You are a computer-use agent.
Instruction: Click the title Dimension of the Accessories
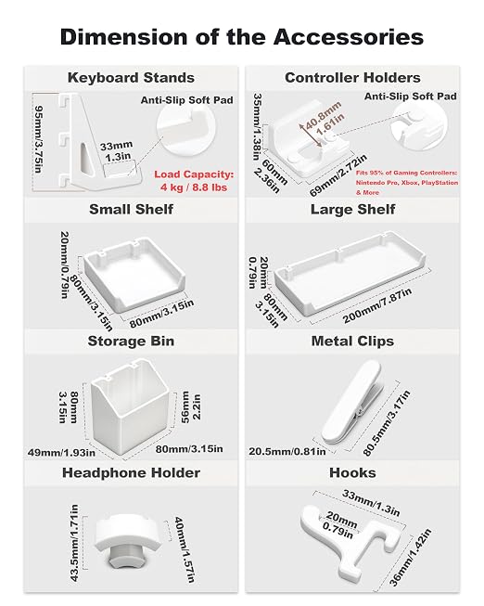[x=242, y=37]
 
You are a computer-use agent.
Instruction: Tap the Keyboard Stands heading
[x=131, y=78]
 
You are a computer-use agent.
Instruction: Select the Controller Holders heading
[x=352, y=78]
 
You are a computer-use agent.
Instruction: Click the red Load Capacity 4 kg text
[x=194, y=181]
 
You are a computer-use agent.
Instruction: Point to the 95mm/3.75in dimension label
[x=39, y=140]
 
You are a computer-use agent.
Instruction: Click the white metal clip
[x=352, y=401]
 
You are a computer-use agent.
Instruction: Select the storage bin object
[x=130, y=406]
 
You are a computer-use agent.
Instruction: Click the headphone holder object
[x=127, y=540]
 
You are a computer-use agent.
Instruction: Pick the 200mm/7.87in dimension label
[x=377, y=306]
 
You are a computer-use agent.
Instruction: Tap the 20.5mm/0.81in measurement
[x=287, y=451]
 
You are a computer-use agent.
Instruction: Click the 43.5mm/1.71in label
[x=74, y=543]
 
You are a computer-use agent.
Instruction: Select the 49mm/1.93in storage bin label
[x=61, y=452]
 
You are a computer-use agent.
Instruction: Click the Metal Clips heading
[x=352, y=342]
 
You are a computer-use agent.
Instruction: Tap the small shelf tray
[x=134, y=274]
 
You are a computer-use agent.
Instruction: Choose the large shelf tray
[x=350, y=274]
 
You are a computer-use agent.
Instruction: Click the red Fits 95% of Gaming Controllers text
[x=407, y=183]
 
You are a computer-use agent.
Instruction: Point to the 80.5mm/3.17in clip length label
[x=387, y=423]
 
